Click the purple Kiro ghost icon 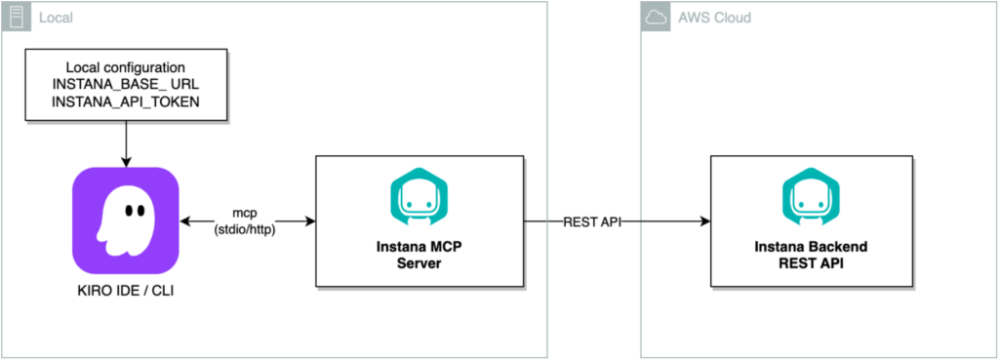click(x=125, y=220)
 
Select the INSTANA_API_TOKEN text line click(x=125, y=104)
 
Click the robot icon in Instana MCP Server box click(x=417, y=194)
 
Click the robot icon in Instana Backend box click(x=812, y=194)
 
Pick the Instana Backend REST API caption click(x=812, y=256)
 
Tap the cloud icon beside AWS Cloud click(x=654, y=17)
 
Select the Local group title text click(x=53, y=18)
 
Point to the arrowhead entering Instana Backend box click(x=703, y=221)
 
